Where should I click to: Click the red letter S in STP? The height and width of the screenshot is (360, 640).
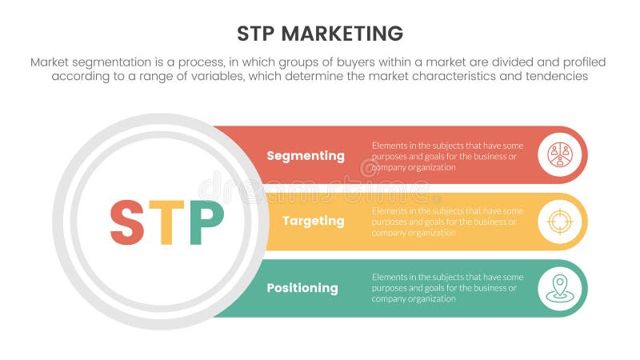click(128, 222)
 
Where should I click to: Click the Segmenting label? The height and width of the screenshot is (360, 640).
click(306, 156)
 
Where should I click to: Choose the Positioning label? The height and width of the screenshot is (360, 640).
click(302, 288)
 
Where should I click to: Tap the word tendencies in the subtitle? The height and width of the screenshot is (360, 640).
click(554, 77)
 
